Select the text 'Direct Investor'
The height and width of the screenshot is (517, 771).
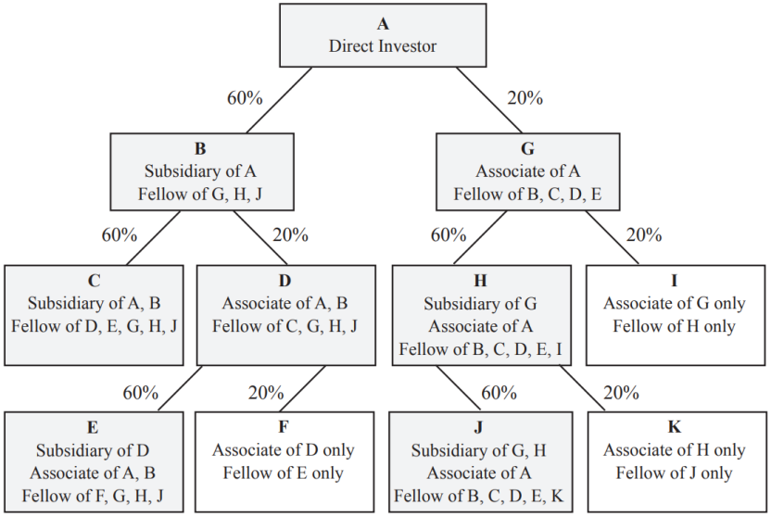point(383,45)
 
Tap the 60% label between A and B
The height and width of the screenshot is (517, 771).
point(245,96)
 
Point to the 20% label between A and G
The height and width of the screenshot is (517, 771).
point(525,96)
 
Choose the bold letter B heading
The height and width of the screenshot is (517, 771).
point(200,148)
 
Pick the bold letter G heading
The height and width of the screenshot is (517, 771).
point(527,148)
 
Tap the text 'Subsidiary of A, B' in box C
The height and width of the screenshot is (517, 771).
point(95,303)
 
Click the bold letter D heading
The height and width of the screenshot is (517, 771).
point(285,280)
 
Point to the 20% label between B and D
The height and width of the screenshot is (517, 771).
point(290,234)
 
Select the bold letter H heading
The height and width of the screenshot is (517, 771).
point(480,280)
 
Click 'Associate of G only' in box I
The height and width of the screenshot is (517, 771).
point(675,303)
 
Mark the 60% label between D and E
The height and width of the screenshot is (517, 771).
point(141,392)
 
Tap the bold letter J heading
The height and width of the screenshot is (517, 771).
point(478,428)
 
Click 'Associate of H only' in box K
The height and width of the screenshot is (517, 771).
point(675,450)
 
